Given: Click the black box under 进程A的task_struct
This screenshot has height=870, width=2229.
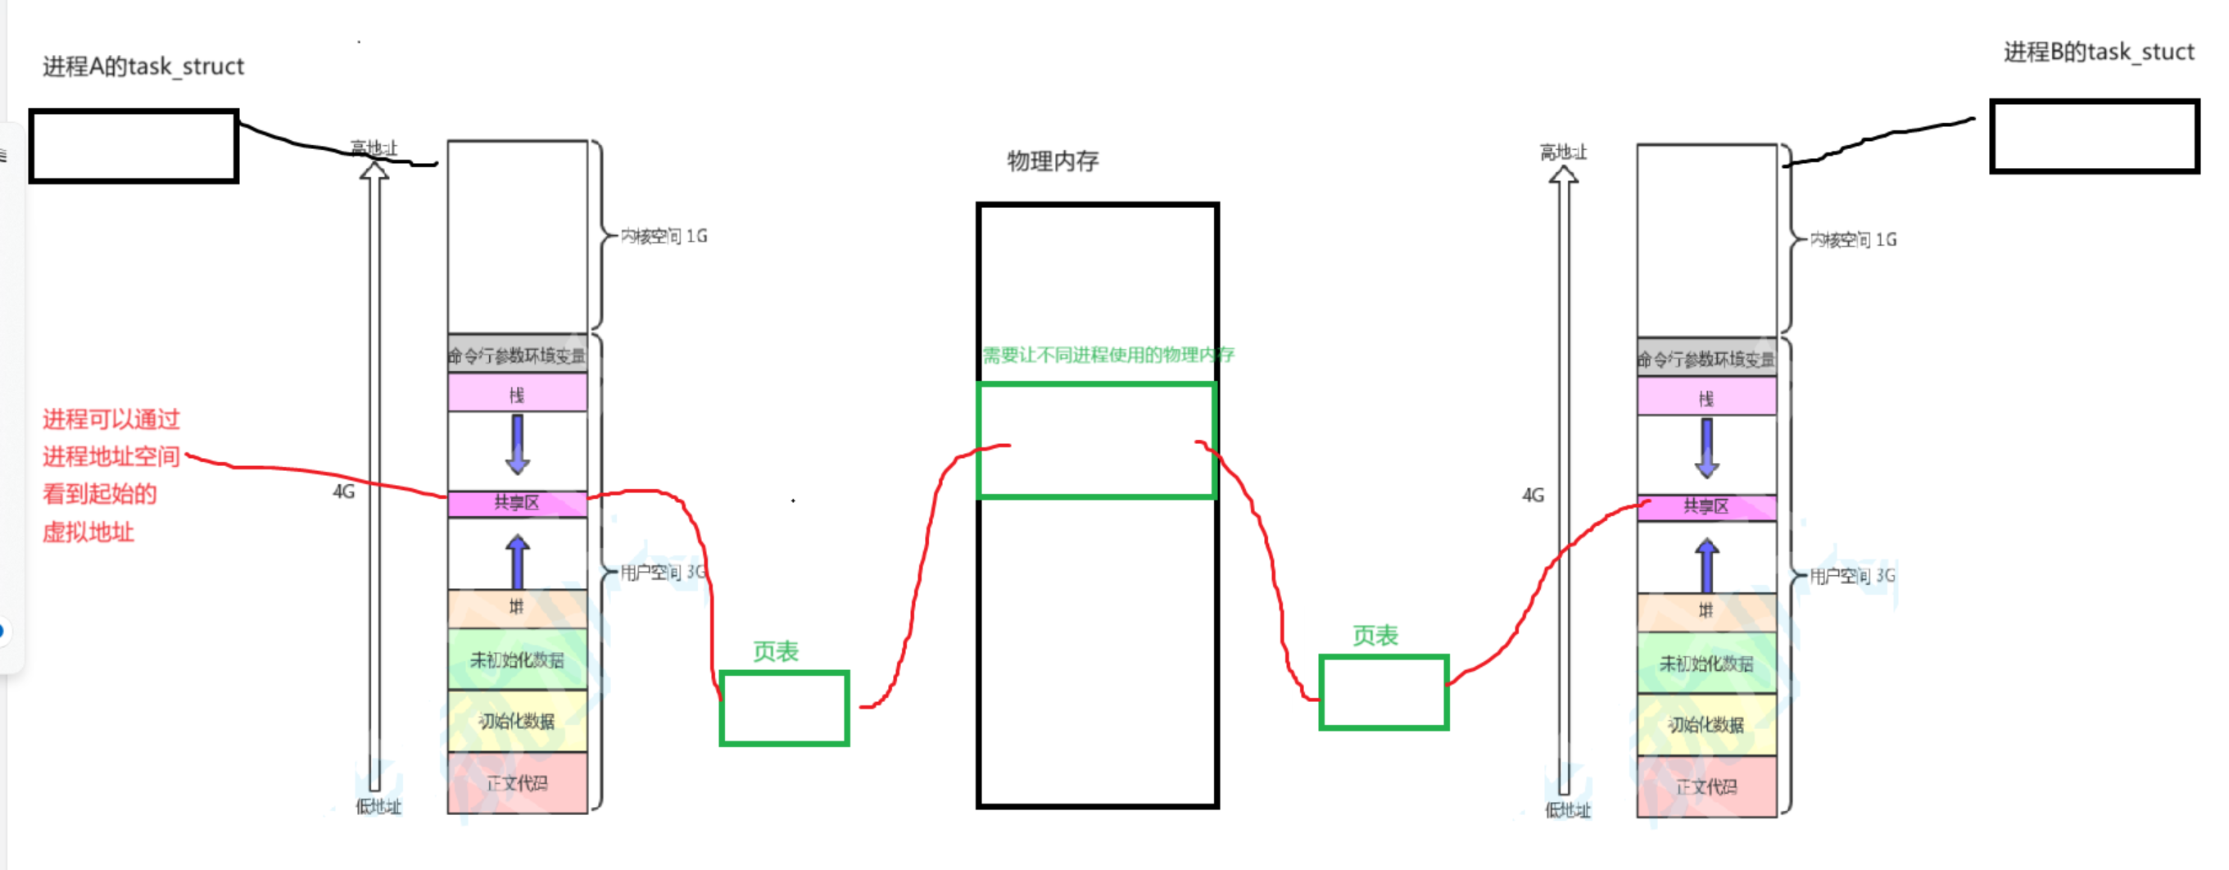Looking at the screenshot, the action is coord(134,146).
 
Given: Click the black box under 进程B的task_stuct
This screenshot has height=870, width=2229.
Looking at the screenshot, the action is coord(2094,136).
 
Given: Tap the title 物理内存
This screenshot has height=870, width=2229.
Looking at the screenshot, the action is coord(1052,161).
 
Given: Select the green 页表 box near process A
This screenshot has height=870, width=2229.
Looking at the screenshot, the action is coord(784,708).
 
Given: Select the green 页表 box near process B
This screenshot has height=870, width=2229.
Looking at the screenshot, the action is coord(1383,692).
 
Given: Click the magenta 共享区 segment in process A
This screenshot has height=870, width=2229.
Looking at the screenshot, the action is coord(517,503).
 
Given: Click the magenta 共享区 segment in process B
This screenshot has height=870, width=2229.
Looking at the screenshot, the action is coord(1706,506).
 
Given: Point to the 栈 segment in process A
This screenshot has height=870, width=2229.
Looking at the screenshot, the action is coord(517,394).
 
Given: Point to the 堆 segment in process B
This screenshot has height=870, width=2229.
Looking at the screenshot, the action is coord(1706,611).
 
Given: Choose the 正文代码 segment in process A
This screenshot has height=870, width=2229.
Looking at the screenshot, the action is coord(517,783).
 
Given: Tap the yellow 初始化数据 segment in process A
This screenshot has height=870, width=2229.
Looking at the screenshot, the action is coord(517,721).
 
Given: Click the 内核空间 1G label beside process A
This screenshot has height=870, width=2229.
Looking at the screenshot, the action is coord(664,236).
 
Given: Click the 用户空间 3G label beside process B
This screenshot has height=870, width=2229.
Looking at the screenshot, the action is coord(1851,576).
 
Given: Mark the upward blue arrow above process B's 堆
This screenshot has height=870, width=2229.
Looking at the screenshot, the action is coord(1706,564).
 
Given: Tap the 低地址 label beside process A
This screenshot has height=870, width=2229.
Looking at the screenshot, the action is coord(378,807).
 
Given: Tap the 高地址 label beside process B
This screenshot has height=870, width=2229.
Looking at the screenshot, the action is coord(1563,152).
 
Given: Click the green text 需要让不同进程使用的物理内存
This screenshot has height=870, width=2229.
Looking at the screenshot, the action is coord(1108,355).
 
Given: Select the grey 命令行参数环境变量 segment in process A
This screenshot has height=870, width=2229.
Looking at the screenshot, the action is coord(517,355).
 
